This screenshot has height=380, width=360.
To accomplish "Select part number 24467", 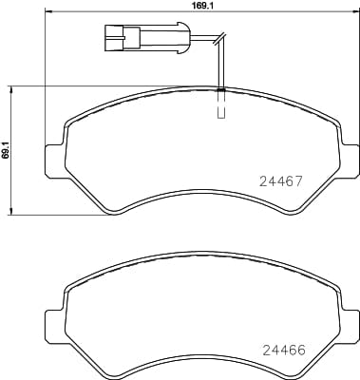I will [282, 179].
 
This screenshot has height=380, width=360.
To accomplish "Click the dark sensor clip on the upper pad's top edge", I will [220, 90].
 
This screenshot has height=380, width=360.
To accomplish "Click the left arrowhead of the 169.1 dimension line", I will [48, 15].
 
